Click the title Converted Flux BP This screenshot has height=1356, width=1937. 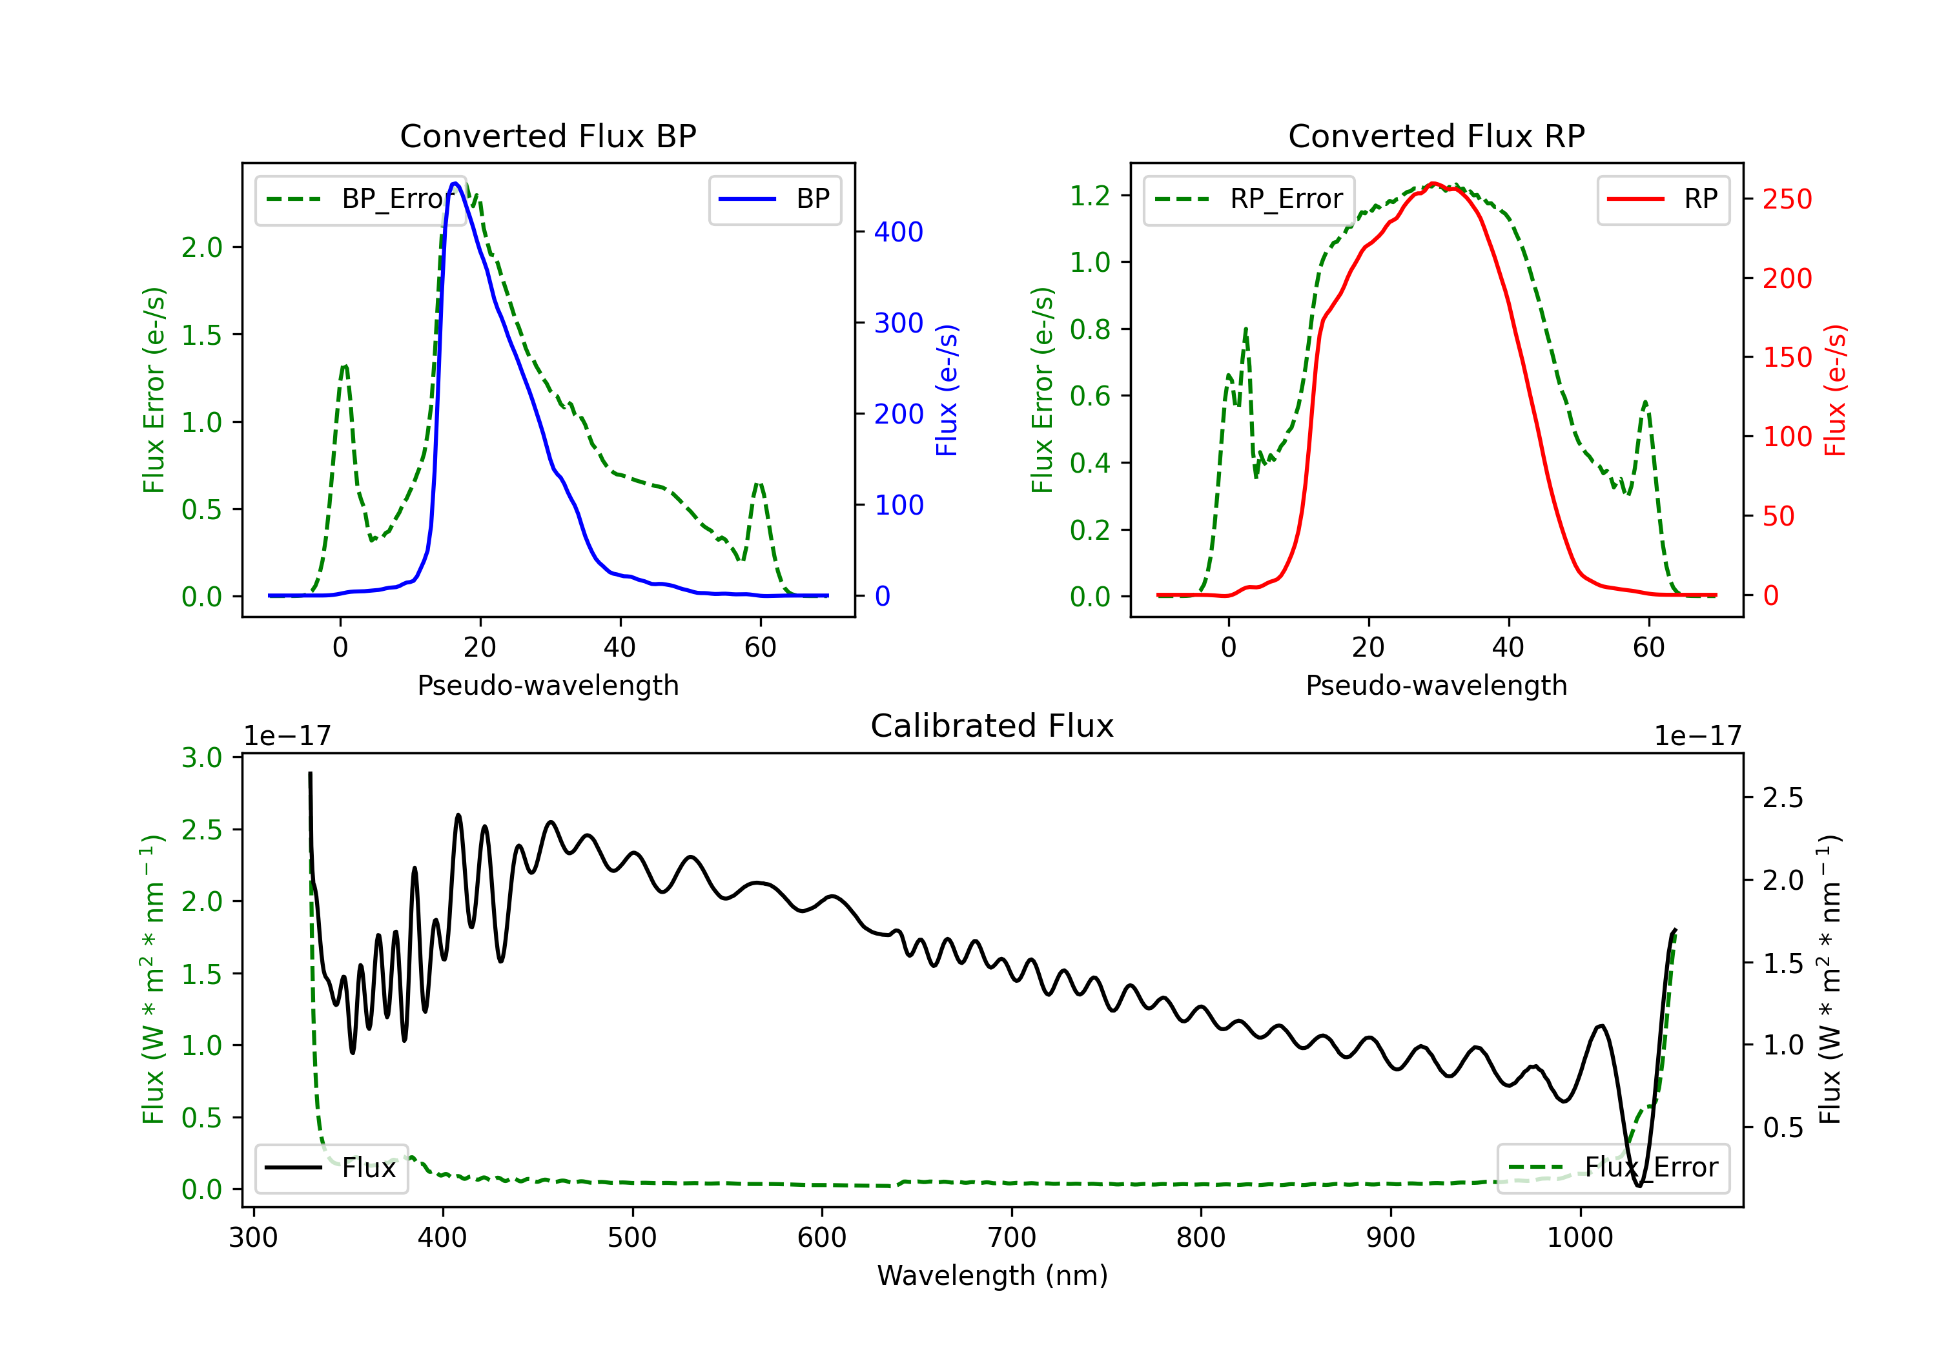548,136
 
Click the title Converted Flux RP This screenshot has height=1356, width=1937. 1436,136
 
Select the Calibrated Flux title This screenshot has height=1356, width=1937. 992,726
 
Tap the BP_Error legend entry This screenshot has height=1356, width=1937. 360,199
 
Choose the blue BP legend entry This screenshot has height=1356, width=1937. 774,199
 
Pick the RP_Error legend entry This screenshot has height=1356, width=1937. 1249,199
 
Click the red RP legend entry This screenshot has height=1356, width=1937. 1663,199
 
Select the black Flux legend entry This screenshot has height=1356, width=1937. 331,1168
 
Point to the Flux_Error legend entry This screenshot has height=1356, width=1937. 1613,1168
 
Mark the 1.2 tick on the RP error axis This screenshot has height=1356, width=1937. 1089,196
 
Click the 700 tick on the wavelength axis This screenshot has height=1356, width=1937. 1012,1238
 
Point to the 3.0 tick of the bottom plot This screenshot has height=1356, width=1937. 201,757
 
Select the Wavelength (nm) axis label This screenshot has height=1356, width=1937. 992,1276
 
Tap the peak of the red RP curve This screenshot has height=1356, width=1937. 1433,184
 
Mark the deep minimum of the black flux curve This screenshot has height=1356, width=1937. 1638,1186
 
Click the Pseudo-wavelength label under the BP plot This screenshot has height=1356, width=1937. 548,685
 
